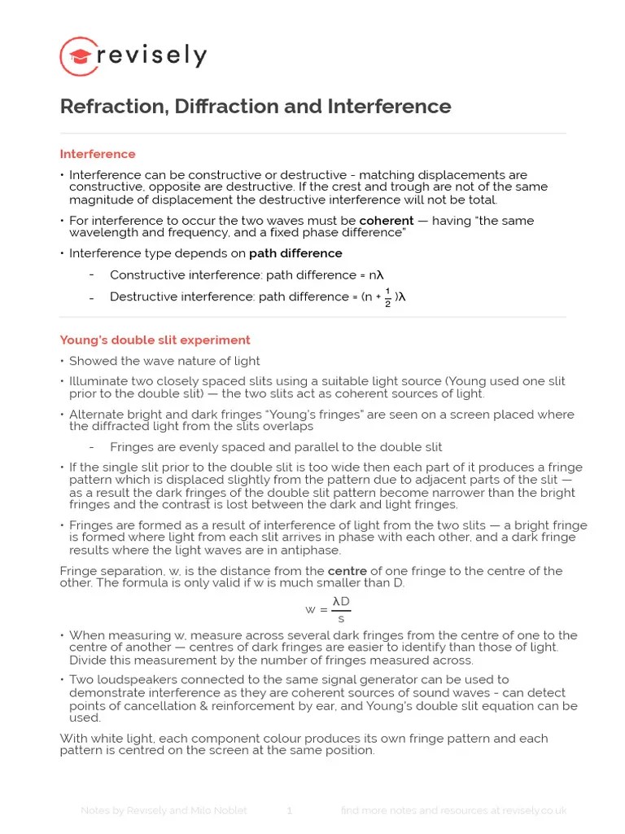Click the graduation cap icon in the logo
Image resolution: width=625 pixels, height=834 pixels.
pyautogui.click(x=80, y=57)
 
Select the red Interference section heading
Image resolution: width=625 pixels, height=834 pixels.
pyautogui.click(x=98, y=154)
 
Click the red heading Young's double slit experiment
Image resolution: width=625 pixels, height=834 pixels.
pyautogui.click(x=155, y=340)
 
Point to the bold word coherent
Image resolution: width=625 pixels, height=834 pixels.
pyautogui.click(x=386, y=221)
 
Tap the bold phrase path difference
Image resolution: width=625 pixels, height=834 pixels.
pyautogui.click(x=295, y=253)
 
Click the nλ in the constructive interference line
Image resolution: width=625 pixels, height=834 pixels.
pyautogui.click(x=376, y=274)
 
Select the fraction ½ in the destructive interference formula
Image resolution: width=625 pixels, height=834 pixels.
pyautogui.click(x=388, y=297)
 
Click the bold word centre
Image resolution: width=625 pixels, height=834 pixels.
pyautogui.click(x=347, y=570)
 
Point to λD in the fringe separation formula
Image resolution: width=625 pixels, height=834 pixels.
pyautogui.click(x=341, y=601)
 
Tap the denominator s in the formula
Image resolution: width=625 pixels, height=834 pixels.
pyautogui.click(x=341, y=618)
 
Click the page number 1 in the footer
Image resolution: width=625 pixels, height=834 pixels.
pyautogui.click(x=289, y=810)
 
